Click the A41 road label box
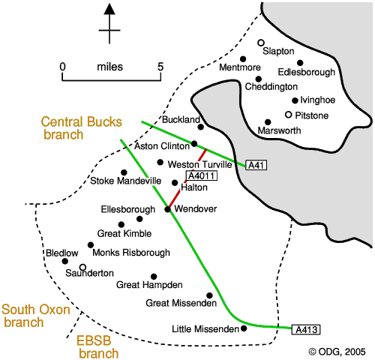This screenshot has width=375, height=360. coord(256,165)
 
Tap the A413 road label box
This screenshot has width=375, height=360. coord(306,329)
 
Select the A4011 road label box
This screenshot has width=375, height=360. coord(202,175)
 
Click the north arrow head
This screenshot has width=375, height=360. coord(109,9)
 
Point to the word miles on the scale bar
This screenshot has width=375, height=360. coord(110,67)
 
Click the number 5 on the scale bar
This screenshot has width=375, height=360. coord(160,67)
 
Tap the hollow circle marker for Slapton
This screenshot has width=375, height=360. coord(261,43)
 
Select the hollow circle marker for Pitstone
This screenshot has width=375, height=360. coord(289,115)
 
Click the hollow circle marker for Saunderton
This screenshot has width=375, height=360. coord(82,267)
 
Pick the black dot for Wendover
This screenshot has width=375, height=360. coord(168,209)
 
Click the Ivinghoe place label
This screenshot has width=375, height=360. coord(317,100)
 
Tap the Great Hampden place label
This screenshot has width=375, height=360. coord(149,285)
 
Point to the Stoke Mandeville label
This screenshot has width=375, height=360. coord(126,181)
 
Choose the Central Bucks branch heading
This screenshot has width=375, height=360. coord(82,128)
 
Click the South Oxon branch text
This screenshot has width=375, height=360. coord(36,316)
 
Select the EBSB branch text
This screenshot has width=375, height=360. coord(97,347)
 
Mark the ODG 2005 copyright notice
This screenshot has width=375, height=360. coord(337,352)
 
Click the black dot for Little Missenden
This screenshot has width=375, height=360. coord(244,328)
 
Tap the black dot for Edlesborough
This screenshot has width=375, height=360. coord(300,63)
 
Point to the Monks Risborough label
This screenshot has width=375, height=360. coord(131,253)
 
